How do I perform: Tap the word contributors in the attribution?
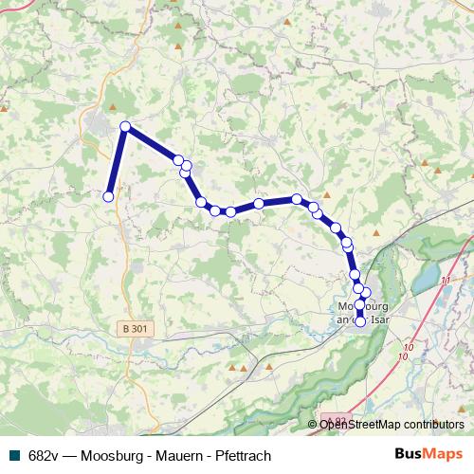click(x=432, y=425)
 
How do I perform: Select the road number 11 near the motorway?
click(x=446, y=282)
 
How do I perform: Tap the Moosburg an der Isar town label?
click(x=364, y=313)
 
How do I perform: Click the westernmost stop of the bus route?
click(x=108, y=196)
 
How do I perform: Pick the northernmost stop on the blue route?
click(x=125, y=126)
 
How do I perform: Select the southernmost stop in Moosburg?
click(x=360, y=321)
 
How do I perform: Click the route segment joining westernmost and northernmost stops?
click(x=117, y=161)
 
